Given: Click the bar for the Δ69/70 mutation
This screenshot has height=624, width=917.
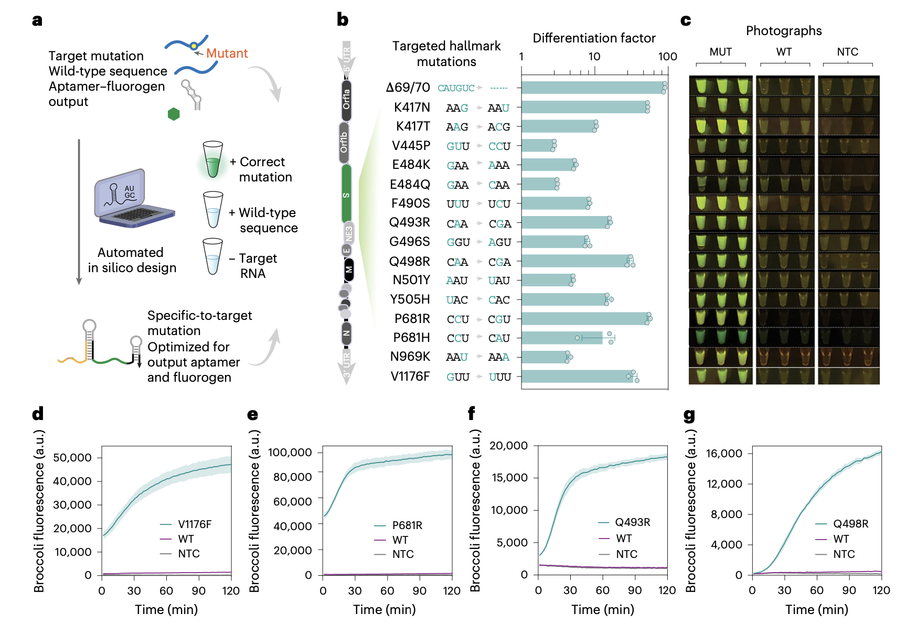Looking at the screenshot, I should (x=593, y=88).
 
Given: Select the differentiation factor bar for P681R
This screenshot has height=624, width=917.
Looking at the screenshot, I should (x=585, y=319).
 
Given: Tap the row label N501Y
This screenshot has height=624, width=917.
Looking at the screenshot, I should (x=411, y=281).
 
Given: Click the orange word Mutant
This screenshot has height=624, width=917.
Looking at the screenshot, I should (x=227, y=53).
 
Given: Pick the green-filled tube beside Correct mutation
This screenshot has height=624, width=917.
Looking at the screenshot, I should (x=212, y=159).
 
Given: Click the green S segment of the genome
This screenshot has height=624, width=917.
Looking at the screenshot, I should (x=346, y=194).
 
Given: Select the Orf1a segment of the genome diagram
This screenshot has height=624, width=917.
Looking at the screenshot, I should (x=346, y=100).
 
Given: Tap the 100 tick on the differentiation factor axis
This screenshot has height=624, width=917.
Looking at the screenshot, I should (x=667, y=57).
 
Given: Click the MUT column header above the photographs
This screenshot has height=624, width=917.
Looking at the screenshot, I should (x=720, y=52).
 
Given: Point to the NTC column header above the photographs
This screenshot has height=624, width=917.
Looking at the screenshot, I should (x=847, y=52).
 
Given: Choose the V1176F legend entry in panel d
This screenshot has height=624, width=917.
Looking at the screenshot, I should (x=194, y=524).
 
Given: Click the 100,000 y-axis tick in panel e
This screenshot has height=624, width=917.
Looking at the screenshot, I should (x=290, y=453).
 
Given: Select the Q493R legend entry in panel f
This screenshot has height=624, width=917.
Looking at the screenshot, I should (x=632, y=522).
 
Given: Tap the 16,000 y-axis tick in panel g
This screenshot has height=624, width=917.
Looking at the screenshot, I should (x=724, y=454).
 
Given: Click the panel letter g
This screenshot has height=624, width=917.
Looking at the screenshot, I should (x=689, y=415).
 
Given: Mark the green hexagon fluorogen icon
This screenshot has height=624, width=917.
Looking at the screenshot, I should (x=174, y=114).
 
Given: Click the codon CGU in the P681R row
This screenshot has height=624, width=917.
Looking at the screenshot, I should (x=499, y=319).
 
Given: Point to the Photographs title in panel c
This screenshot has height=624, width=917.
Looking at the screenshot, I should (x=784, y=31).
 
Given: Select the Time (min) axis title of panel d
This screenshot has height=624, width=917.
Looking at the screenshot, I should (x=166, y=609).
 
